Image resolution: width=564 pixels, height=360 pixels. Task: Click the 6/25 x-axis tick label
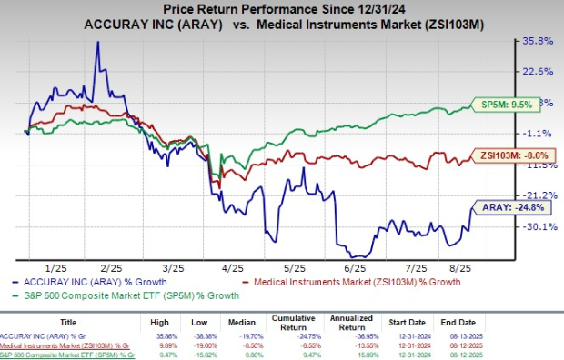click(354, 269)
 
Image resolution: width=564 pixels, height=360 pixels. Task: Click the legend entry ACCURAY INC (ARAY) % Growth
click(86, 284)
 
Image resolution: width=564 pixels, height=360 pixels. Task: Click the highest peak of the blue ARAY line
click(97, 43)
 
